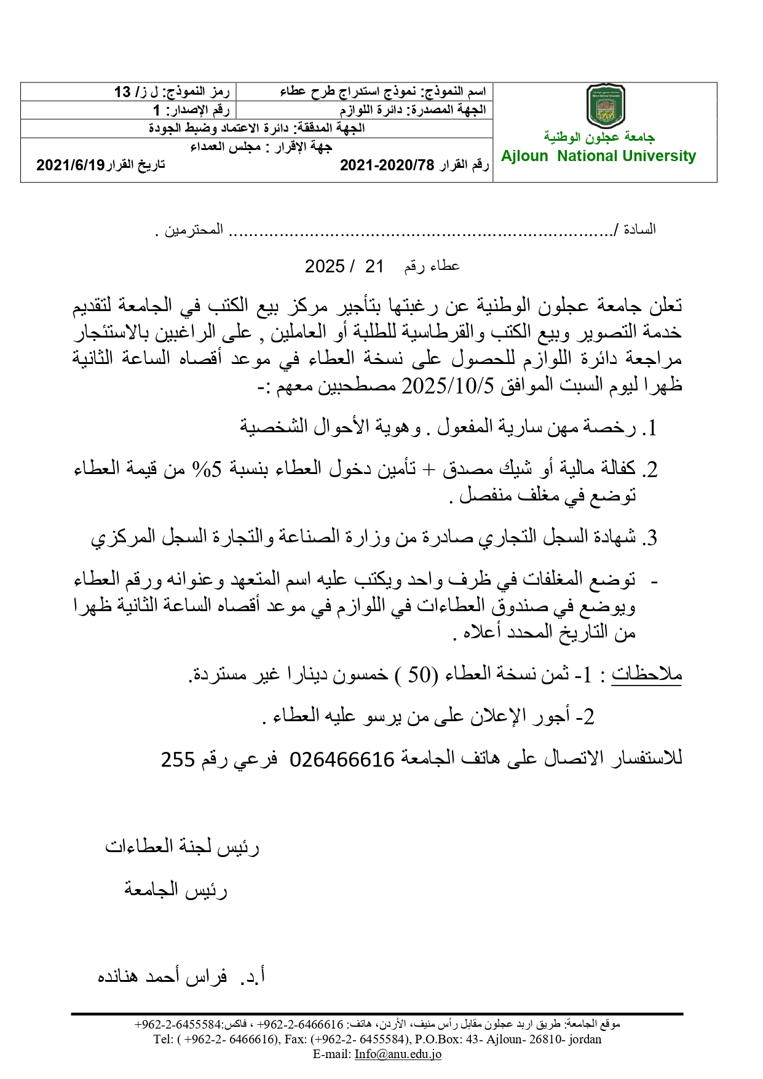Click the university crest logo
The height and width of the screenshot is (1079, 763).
click(606, 106)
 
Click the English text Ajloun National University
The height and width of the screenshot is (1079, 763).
click(598, 156)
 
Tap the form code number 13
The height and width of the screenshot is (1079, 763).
click(122, 92)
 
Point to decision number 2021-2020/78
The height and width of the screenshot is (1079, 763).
click(387, 165)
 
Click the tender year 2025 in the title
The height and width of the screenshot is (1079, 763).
click(324, 266)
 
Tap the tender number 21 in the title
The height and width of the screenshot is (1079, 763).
click(374, 266)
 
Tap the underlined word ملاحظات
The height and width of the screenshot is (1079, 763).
click(647, 674)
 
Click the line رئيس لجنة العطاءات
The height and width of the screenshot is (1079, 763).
click(182, 847)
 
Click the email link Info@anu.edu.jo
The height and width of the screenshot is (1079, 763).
click(398, 1054)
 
